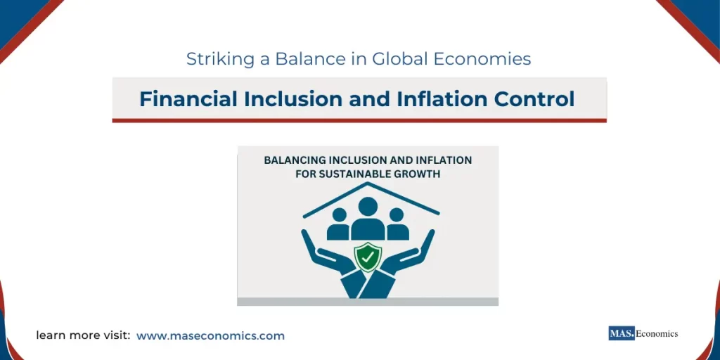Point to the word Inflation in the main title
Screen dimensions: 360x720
pyautogui.click(x=435, y=99)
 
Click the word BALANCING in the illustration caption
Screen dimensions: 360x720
pyautogui.click(x=293, y=160)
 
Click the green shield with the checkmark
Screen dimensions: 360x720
pyautogui.click(x=367, y=257)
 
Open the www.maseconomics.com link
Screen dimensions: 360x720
pyautogui.click(x=210, y=336)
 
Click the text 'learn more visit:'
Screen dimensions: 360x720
pyautogui.click(x=83, y=336)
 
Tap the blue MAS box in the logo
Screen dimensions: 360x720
pyautogui.click(x=622, y=333)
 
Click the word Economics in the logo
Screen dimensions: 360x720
pyautogui.click(x=657, y=333)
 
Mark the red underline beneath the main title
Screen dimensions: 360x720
pyautogui.click(x=359, y=120)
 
